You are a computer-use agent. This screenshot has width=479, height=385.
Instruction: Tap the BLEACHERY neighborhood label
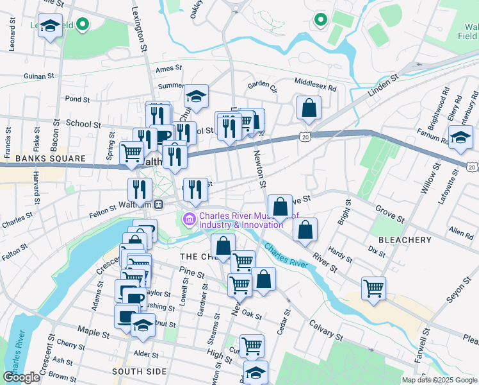[405, 239]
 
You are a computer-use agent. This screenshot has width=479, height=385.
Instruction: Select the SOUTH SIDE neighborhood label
[139, 372]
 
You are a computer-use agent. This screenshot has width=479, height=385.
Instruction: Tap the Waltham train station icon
[158, 205]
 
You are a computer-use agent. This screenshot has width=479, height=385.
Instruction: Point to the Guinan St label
[40, 76]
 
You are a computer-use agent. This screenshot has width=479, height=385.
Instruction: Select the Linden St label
[383, 86]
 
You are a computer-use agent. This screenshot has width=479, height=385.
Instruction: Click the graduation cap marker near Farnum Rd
[460, 137]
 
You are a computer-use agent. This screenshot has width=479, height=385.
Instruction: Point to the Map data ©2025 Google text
[439, 380]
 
